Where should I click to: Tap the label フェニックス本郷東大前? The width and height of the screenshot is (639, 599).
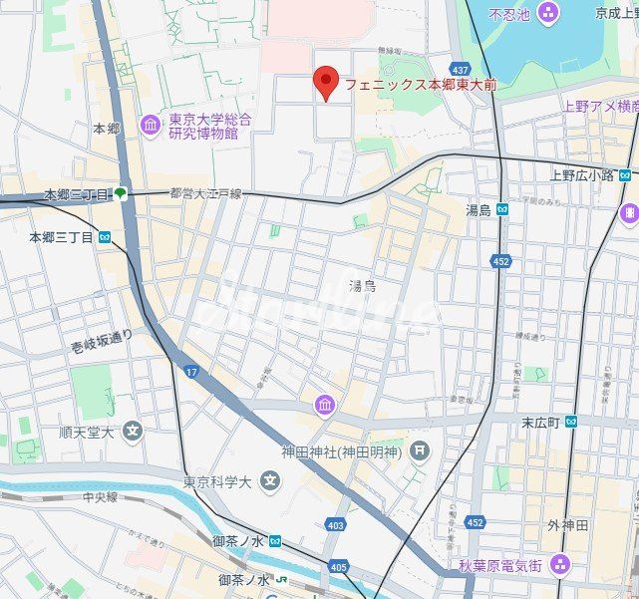[421, 86]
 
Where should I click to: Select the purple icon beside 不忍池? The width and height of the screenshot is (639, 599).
[547, 13]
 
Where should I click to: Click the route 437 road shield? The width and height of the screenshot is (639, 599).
[460, 70]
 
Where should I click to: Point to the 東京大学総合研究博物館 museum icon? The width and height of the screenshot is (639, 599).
[151, 124]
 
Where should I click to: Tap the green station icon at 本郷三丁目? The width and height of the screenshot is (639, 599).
[120, 194]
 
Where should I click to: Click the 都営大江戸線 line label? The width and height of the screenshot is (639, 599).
[205, 193]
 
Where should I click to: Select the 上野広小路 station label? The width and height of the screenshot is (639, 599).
[582, 174]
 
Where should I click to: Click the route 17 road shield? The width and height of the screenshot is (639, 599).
[190, 372]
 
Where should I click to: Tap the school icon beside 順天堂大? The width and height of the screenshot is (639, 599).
[134, 432]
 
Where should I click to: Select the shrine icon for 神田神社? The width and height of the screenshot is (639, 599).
[420, 450]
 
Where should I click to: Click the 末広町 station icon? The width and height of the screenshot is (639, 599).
[571, 423]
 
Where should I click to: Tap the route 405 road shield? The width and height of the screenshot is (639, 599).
[339, 567]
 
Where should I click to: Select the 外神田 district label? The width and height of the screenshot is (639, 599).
[567, 525]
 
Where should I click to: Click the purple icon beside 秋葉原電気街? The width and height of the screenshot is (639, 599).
[559, 566]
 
